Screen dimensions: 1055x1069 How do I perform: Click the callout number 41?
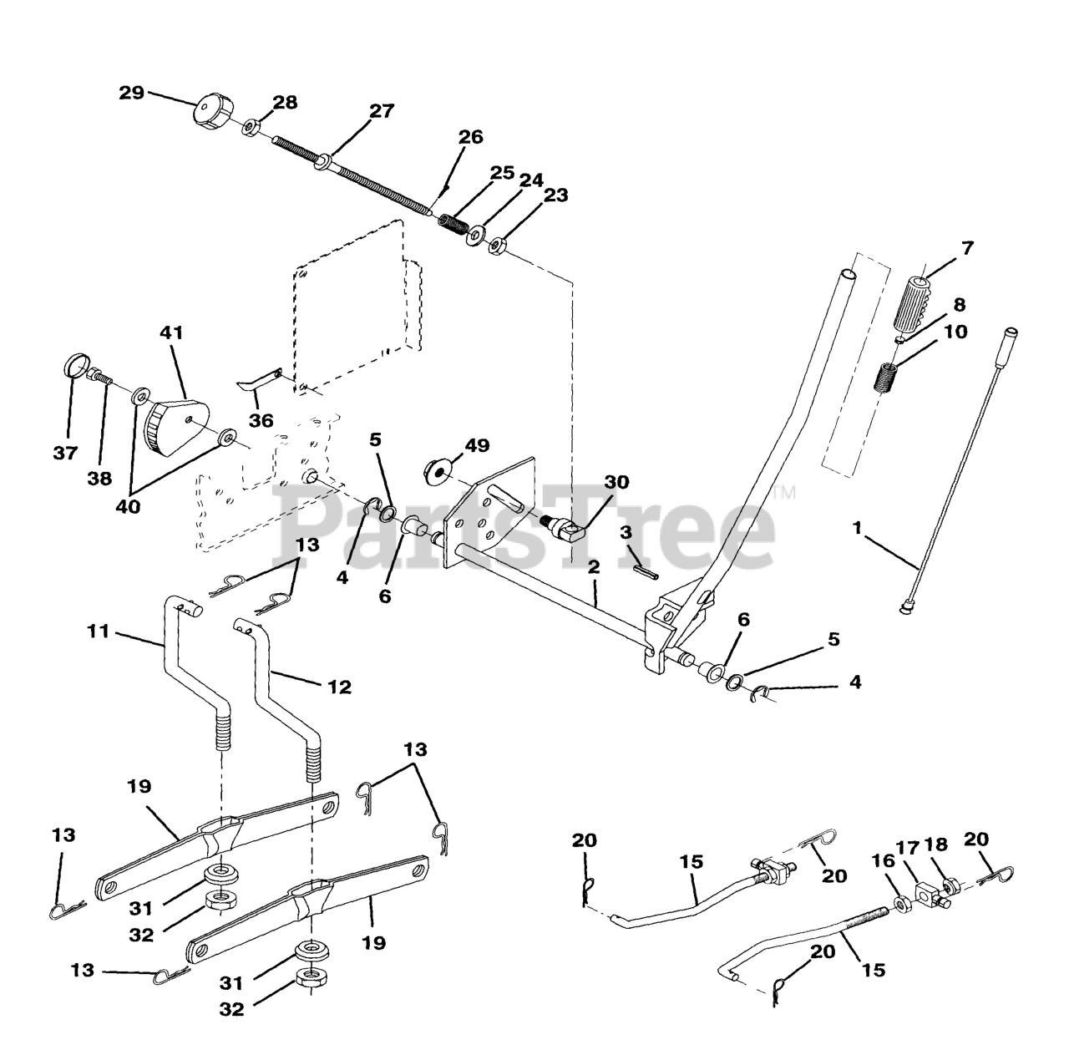(171, 332)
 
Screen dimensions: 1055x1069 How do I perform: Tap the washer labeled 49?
(438, 470)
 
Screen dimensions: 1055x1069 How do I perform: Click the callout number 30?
(616, 483)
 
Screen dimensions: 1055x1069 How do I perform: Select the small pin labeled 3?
(648, 569)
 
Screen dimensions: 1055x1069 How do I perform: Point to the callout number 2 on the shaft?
(594, 567)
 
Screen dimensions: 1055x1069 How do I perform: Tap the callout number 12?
(339, 687)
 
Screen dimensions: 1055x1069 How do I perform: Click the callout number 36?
(261, 419)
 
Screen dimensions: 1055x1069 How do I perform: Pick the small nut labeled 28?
(250, 128)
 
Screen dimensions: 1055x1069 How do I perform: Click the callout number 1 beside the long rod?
(856, 527)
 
